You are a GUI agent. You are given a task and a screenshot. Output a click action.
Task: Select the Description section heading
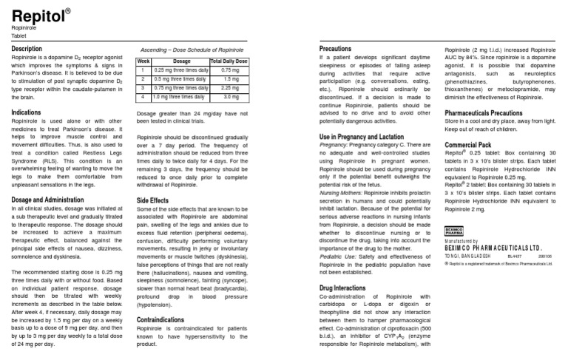[27, 49]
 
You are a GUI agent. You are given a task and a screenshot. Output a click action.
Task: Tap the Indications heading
[26, 112]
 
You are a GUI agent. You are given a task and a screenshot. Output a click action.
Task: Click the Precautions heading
[335, 48]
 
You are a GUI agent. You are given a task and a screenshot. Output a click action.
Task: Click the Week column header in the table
[143, 61]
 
